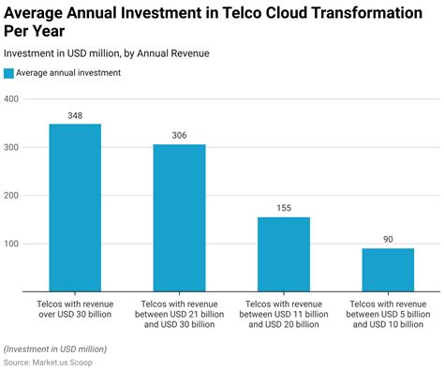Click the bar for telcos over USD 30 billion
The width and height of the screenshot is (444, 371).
click(75, 207)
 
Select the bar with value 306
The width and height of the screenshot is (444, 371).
click(179, 217)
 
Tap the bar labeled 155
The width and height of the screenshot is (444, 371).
click(284, 254)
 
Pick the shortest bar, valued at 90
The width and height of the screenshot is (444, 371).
click(388, 270)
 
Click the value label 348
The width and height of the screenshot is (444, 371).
click(75, 115)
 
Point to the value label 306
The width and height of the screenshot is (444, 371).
click(179, 136)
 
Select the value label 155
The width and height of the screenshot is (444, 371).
click(284, 208)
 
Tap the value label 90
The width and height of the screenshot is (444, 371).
click(388, 240)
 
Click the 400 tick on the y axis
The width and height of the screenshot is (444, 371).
click(11, 99)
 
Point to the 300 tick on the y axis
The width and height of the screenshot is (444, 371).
click(11, 148)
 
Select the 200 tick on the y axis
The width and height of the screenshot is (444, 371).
click(11, 196)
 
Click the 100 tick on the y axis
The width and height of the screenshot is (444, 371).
click(11, 245)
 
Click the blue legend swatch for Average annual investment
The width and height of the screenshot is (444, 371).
click(9, 73)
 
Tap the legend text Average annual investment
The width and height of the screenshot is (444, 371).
click(67, 73)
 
